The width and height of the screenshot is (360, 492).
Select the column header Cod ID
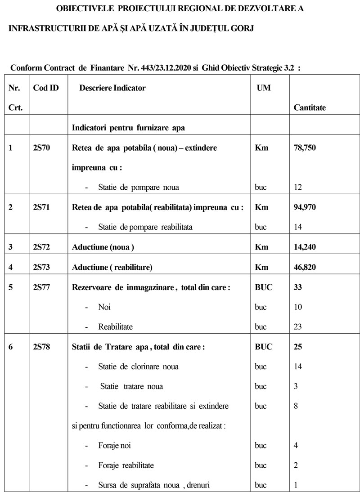[x=46, y=88]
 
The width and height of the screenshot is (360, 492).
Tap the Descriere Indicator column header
[x=112, y=88]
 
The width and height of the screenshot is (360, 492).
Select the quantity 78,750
[x=308, y=148]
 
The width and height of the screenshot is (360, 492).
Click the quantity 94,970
[x=308, y=207]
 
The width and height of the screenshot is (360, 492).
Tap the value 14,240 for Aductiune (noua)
[x=308, y=247]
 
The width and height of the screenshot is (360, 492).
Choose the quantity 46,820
[x=308, y=267]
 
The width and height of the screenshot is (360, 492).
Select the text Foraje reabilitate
[x=126, y=465]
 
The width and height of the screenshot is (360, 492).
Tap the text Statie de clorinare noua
[x=138, y=367]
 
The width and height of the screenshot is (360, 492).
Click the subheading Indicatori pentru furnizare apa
[x=129, y=128]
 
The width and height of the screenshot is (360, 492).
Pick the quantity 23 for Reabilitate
[x=298, y=327]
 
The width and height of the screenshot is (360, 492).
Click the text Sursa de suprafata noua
[x=139, y=485]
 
